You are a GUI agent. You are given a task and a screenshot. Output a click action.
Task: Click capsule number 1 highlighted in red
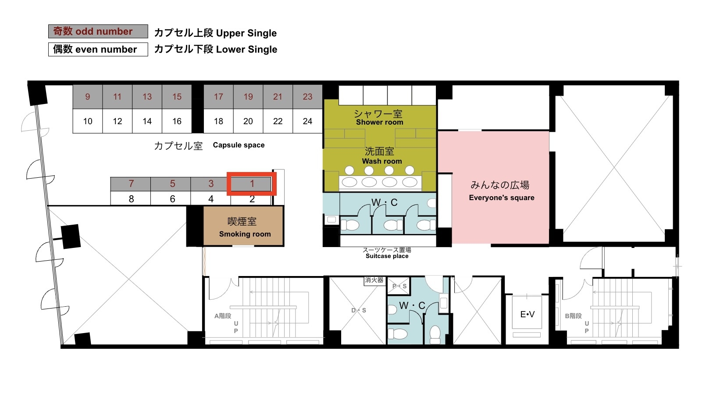[x=252, y=184]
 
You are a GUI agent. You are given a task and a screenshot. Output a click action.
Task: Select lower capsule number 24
[x=308, y=121]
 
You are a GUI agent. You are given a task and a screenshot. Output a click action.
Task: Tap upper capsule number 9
[x=88, y=97]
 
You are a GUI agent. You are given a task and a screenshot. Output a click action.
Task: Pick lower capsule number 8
[x=131, y=199]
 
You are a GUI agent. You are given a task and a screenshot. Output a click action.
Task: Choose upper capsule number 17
[x=218, y=97]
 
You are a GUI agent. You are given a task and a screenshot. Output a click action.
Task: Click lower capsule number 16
[x=177, y=121]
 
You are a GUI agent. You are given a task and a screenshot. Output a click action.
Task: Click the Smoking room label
[x=245, y=234]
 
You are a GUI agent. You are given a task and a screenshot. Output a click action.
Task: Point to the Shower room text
[x=379, y=122]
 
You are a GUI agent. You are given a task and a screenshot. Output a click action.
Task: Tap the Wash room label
[x=382, y=161]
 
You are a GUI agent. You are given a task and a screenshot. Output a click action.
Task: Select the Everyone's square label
[x=502, y=198]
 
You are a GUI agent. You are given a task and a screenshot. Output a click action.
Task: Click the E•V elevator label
[x=527, y=314]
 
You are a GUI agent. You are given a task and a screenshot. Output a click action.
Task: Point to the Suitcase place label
[x=387, y=256]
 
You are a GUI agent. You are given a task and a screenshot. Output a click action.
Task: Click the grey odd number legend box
[x=98, y=31]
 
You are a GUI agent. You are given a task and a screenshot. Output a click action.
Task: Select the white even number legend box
[x=98, y=50]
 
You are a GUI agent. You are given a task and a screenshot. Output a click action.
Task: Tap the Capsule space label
[x=239, y=145]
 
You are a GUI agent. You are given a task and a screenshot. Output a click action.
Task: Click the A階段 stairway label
[x=223, y=316]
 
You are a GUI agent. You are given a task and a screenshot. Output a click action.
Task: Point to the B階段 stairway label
[x=573, y=316]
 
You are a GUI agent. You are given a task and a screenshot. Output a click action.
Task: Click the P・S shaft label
[x=399, y=286]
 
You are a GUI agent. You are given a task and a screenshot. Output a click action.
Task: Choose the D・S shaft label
[x=359, y=310]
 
